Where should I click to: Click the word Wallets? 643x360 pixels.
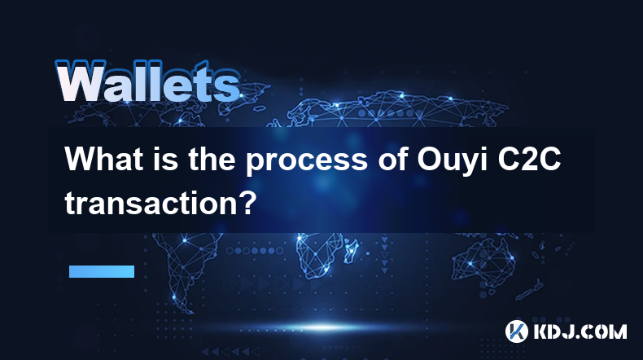(x=147, y=81)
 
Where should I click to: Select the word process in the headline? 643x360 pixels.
(x=307, y=160)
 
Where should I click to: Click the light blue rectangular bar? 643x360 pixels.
(x=102, y=271)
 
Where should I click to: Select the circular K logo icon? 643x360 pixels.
(x=516, y=331)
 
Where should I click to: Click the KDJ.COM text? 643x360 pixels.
(x=580, y=331)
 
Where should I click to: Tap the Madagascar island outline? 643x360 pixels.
(x=351, y=250)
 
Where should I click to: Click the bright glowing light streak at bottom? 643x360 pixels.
(x=324, y=327)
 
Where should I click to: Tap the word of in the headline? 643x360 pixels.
(x=392, y=159)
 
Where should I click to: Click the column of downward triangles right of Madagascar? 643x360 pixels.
(x=384, y=254)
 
